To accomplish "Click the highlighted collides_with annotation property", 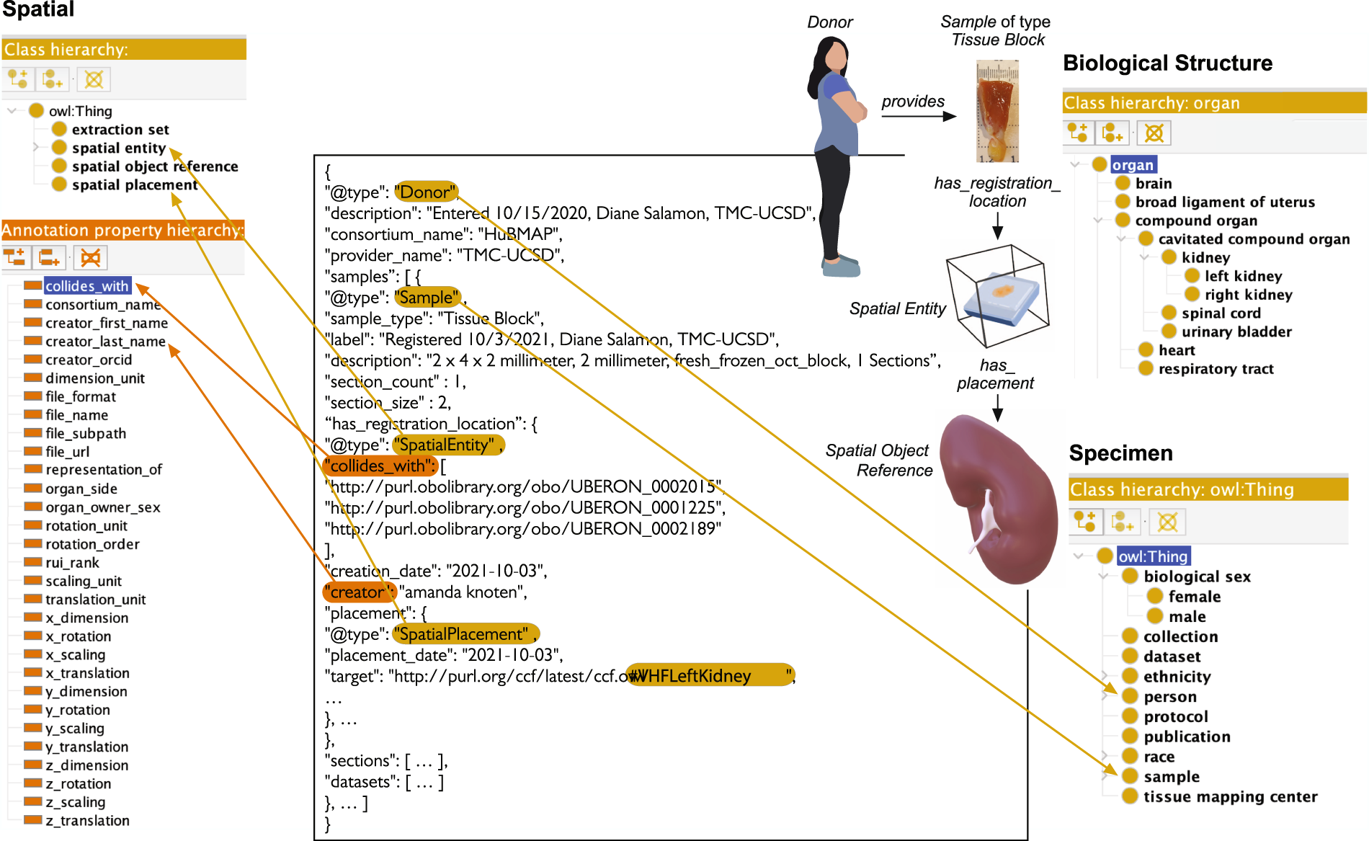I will [87, 286].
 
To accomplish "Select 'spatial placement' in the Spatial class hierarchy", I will [134, 185].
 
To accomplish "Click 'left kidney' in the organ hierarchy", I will [1243, 276].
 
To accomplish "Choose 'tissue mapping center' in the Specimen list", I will [1230, 797].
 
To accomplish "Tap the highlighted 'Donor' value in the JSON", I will [426, 192].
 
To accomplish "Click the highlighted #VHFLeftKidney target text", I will [709, 676].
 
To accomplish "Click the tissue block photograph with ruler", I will [997, 112].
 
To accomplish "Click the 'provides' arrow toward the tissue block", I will [919, 116].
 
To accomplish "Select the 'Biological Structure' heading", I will [1167, 63].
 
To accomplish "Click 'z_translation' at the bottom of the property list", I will [87, 821].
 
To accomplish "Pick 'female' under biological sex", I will [1194, 597].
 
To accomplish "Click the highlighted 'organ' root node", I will [1133, 165].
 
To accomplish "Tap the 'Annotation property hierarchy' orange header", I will [122, 231].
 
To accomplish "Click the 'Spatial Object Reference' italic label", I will [879, 460].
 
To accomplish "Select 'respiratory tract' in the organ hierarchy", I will [1216, 369].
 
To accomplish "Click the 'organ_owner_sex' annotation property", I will [102, 507].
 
